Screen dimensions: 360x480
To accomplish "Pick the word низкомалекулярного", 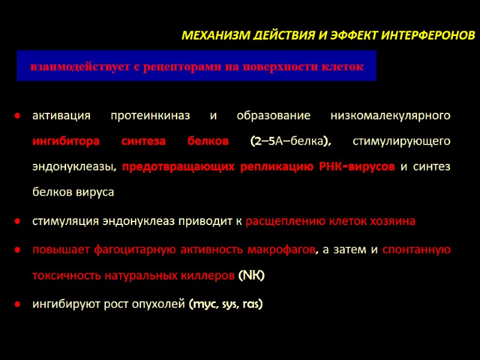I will (x=391, y=115).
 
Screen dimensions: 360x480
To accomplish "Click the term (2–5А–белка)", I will (x=291, y=141).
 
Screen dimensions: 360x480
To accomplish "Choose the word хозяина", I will (x=394, y=221).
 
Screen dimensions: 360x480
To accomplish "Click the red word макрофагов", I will (x=279, y=250).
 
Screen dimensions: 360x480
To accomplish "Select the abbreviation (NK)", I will (x=251, y=275).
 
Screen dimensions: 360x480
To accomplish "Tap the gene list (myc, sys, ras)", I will (x=226, y=304).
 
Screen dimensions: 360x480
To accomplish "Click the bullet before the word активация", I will (x=19, y=115).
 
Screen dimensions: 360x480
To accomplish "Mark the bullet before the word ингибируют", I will (x=19, y=305).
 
